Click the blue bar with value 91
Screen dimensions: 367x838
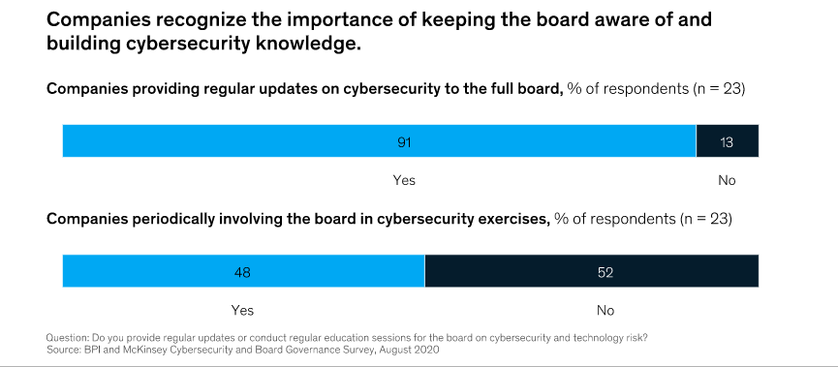[x=291, y=142]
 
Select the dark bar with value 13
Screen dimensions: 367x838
[x=728, y=142]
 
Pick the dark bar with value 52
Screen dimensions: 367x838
[x=591, y=273]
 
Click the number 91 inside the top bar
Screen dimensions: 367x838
[x=405, y=142]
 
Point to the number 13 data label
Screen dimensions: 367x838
[x=728, y=142]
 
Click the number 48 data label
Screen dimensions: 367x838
[x=242, y=273]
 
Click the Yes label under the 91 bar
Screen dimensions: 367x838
[x=404, y=180]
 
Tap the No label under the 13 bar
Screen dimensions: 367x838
[x=727, y=180]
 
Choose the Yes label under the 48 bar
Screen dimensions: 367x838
[x=242, y=311]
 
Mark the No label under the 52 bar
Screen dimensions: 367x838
[x=605, y=311]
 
